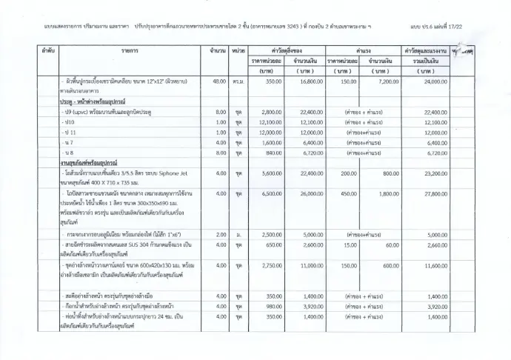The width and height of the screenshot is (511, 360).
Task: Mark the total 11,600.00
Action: (432, 264)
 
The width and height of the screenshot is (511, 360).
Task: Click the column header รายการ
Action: (131, 50)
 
